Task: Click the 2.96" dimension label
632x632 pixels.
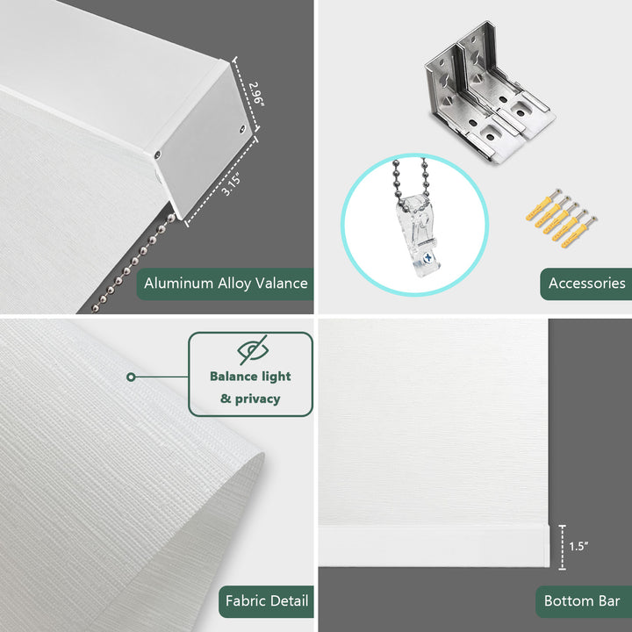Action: pyautogui.click(x=256, y=95)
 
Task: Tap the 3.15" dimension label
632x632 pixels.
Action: pyautogui.click(x=232, y=183)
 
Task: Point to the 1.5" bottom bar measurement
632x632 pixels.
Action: pyautogui.click(x=578, y=546)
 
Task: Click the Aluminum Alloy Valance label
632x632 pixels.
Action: pyautogui.click(x=226, y=284)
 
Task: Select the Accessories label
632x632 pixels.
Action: pyautogui.click(x=586, y=284)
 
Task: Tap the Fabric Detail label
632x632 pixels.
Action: pyautogui.click(x=267, y=601)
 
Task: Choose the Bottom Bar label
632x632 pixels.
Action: pyautogui.click(x=582, y=601)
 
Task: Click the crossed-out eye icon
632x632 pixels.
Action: pyautogui.click(x=253, y=349)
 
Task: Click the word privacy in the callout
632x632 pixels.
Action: pyautogui.click(x=257, y=399)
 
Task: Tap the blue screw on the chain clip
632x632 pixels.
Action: pyautogui.click(x=428, y=257)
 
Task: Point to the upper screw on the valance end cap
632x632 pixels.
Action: pyautogui.click(x=242, y=129)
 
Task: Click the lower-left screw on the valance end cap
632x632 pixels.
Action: pyautogui.click(x=157, y=154)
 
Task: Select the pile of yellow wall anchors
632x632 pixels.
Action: pyautogui.click(x=562, y=218)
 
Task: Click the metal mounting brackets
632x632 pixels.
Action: pyautogui.click(x=489, y=93)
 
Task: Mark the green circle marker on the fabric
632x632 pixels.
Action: pyautogui.click(x=131, y=377)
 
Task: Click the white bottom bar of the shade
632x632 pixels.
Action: pyautogui.click(x=434, y=546)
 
